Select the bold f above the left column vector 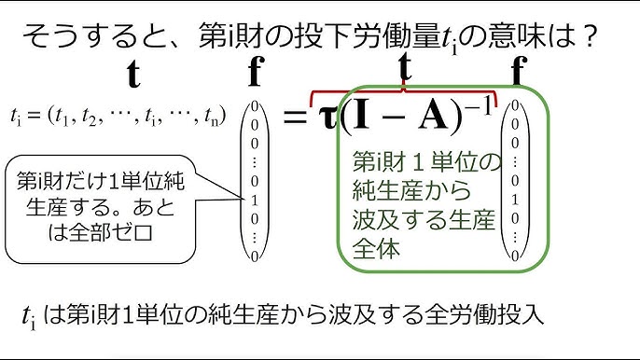coord(254,75)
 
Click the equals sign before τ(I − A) coord(296,118)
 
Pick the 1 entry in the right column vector coord(516,198)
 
